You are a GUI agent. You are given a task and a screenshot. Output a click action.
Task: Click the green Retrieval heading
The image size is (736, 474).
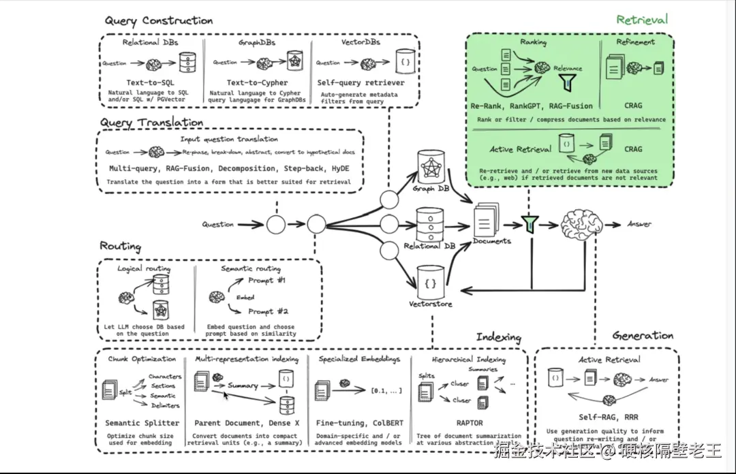(642, 19)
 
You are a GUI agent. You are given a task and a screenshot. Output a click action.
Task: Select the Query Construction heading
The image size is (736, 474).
(158, 20)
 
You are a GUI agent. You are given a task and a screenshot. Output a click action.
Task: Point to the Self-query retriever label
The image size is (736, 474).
(361, 83)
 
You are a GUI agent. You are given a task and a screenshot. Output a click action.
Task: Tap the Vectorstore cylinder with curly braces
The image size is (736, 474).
(431, 281)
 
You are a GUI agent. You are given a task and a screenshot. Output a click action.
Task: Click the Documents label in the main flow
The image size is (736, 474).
(492, 240)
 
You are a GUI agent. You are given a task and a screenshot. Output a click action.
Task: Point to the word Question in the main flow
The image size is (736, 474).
(218, 224)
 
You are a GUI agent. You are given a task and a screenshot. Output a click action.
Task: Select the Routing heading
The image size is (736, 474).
(121, 246)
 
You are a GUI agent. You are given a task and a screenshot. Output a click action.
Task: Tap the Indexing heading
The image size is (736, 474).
(498, 337)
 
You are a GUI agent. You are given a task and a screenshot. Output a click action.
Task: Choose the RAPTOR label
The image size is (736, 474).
(470, 423)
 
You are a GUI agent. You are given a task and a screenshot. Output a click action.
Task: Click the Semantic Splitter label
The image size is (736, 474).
(142, 423)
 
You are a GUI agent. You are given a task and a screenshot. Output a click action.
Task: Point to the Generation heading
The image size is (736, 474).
(643, 335)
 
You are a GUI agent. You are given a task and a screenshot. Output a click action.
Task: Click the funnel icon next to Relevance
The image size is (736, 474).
(567, 82)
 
